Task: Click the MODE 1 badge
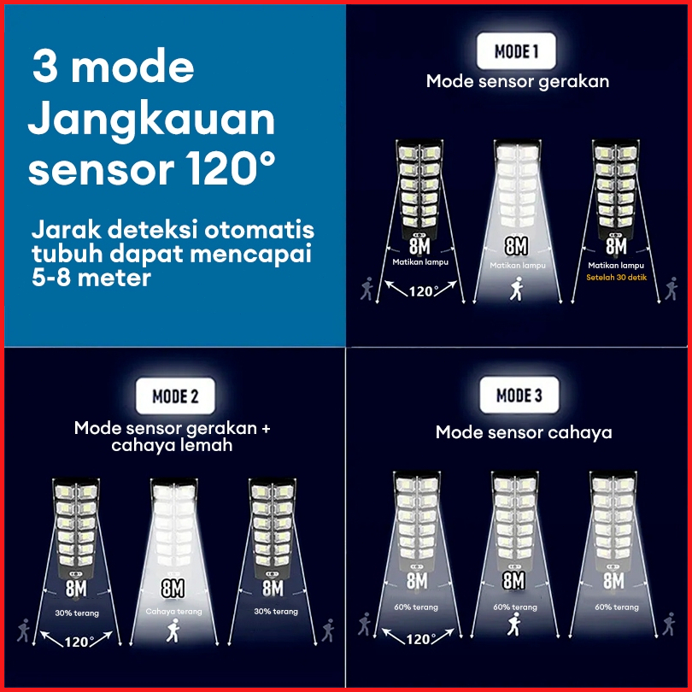(516, 51)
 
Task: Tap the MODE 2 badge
(175, 396)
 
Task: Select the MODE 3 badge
(519, 395)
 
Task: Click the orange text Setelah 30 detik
(616, 278)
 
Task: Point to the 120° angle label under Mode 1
(423, 291)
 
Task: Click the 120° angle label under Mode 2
(79, 642)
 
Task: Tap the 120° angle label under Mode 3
(420, 638)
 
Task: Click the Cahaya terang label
(174, 612)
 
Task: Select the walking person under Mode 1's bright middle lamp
(516, 289)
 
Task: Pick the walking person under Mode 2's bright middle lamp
(173, 630)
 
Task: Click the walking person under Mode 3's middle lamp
(513, 624)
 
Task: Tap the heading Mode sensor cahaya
(524, 432)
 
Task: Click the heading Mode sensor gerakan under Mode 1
(518, 82)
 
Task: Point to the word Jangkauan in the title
(151, 121)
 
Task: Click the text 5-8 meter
(91, 278)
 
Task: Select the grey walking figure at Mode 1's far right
(671, 289)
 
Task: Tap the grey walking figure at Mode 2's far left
(23, 630)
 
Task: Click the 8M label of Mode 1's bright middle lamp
(516, 246)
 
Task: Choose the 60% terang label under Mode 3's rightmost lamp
(617, 607)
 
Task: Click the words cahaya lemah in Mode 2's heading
(172, 445)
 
